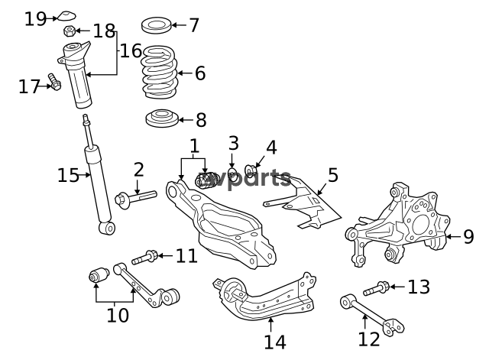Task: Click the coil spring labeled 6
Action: (x=160, y=72)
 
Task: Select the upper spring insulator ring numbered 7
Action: (x=156, y=25)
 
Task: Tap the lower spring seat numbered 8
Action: (x=162, y=118)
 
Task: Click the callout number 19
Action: (x=36, y=18)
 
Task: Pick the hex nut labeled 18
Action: (x=70, y=31)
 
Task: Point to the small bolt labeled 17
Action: (x=54, y=82)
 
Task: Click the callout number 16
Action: (x=131, y=50)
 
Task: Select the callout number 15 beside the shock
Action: (x=68, y=175)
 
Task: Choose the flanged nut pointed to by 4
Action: (x=251, y=170)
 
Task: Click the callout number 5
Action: (x=333, y=175)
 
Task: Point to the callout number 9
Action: (x=468, y=237)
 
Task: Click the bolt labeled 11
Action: (x=144, y=258)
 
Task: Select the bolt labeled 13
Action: (x=376, y=288)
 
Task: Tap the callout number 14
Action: (x=275, y=342)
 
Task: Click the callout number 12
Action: (x=369, y=339)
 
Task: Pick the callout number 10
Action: (x=118, y=315)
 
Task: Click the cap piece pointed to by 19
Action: (x=66, y=15)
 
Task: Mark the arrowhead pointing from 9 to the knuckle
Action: (x=449, y=237)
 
